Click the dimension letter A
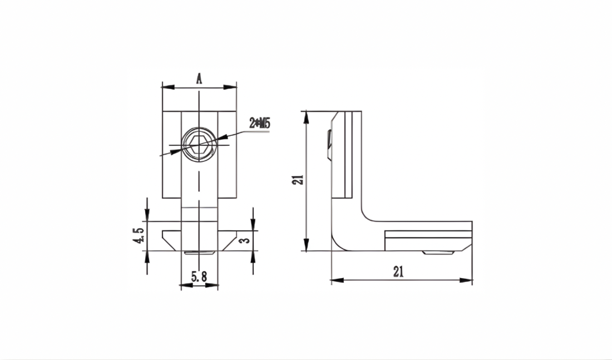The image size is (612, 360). (199, 78)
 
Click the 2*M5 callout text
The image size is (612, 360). (260, 124)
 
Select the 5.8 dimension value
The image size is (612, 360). (199, 277)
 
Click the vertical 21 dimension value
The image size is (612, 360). (298, 180)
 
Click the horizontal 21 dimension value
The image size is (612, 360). (398, 272)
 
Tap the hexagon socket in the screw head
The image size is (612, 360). (199, 145)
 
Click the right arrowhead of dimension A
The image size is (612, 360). (230, 87)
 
